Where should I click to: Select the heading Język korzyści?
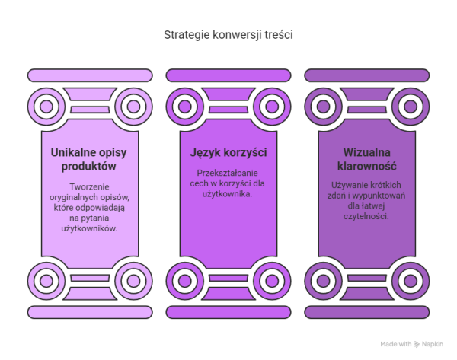click(228, 153)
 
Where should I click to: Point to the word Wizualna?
click(366, 152)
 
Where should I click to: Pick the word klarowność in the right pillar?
click(366, 166)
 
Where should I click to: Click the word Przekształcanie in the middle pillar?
click(227, 173)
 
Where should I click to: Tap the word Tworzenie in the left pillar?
click(89, 186)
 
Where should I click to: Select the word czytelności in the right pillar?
click(366, 216)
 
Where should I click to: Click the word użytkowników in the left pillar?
click(89, 228)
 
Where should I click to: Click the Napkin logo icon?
click(417, 344)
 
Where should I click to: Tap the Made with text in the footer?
click(396, 344)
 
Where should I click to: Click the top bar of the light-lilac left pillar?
click(90, 75)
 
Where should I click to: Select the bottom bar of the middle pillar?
click(228, 312)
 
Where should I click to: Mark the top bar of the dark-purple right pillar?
click(367, 75)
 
